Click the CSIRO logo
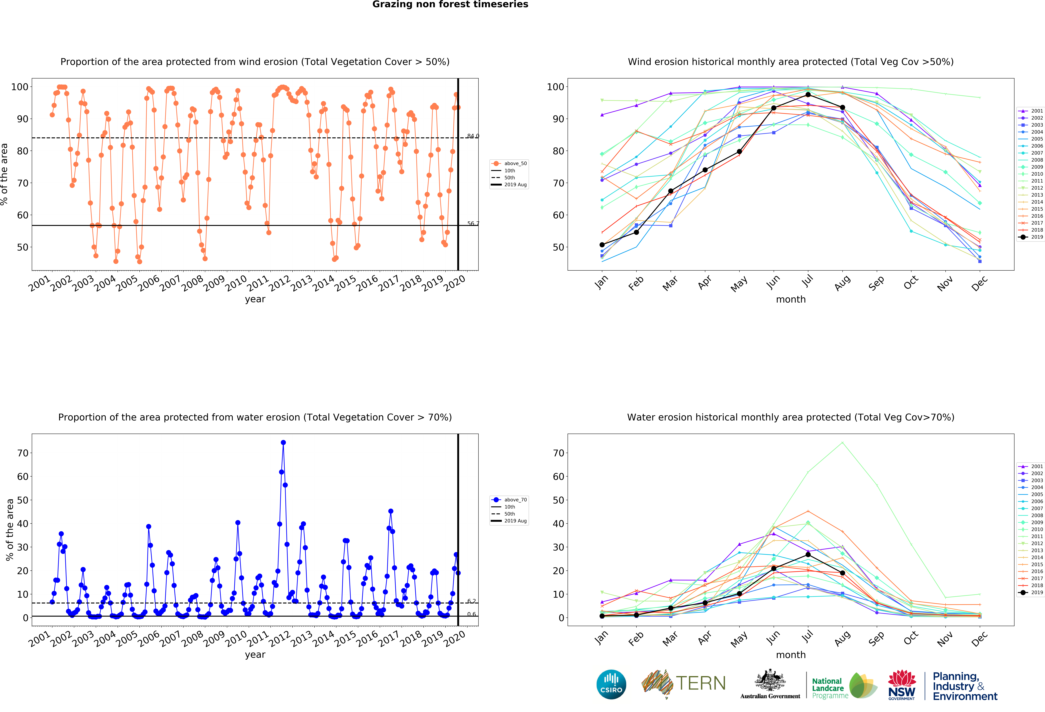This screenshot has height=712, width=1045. tap(611, 685)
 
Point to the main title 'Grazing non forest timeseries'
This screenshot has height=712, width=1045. tap(450, 4)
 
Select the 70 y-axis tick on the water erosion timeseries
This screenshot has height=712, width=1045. tap(23, 453)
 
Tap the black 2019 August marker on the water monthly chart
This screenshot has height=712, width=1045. tap(842, 573)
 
